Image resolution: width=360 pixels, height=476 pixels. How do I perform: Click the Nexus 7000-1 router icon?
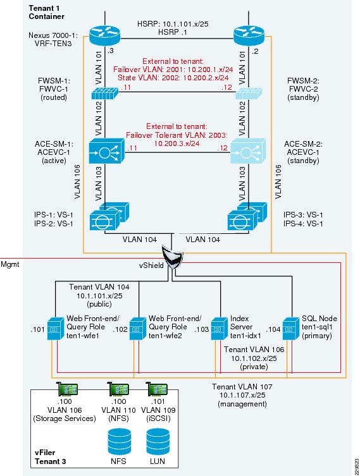click(x=105, y=35)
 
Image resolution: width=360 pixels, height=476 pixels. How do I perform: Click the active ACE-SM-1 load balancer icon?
click(x=107, y=151)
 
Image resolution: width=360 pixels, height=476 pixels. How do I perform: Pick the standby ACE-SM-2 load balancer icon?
click(x=248, y=151)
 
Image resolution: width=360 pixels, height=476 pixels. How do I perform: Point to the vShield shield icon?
click(x=172, y=257)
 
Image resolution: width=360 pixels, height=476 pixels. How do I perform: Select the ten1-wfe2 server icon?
click(x=138, y=329)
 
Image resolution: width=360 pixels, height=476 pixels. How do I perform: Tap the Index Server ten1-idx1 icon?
click(x=220, y=329)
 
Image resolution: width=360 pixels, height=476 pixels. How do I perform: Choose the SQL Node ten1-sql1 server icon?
click(x=291, y=329)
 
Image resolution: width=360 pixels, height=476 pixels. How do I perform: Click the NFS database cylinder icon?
click(x=120, y=441)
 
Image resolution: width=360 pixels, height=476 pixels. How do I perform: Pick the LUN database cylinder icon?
click(x=158, y=441)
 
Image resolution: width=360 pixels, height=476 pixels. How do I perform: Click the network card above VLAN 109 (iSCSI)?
click(x=157, y=389)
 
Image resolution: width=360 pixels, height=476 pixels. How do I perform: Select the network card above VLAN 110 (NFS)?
click(x=118, y=389)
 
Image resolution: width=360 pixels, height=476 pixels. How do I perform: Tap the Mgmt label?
click(x=9, y=264)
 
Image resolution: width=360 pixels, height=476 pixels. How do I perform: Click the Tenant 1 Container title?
click(x=46, y=12)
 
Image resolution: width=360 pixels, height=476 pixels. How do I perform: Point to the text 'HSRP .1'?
click(x=173, y=32)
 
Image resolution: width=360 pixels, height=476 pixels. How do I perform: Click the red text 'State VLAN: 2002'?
click(x=143, y=78)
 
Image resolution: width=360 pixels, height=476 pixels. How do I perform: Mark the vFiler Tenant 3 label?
click(x=50, y=457)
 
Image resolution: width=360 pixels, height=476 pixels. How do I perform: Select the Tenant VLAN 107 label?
click(x=242, y=387)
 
